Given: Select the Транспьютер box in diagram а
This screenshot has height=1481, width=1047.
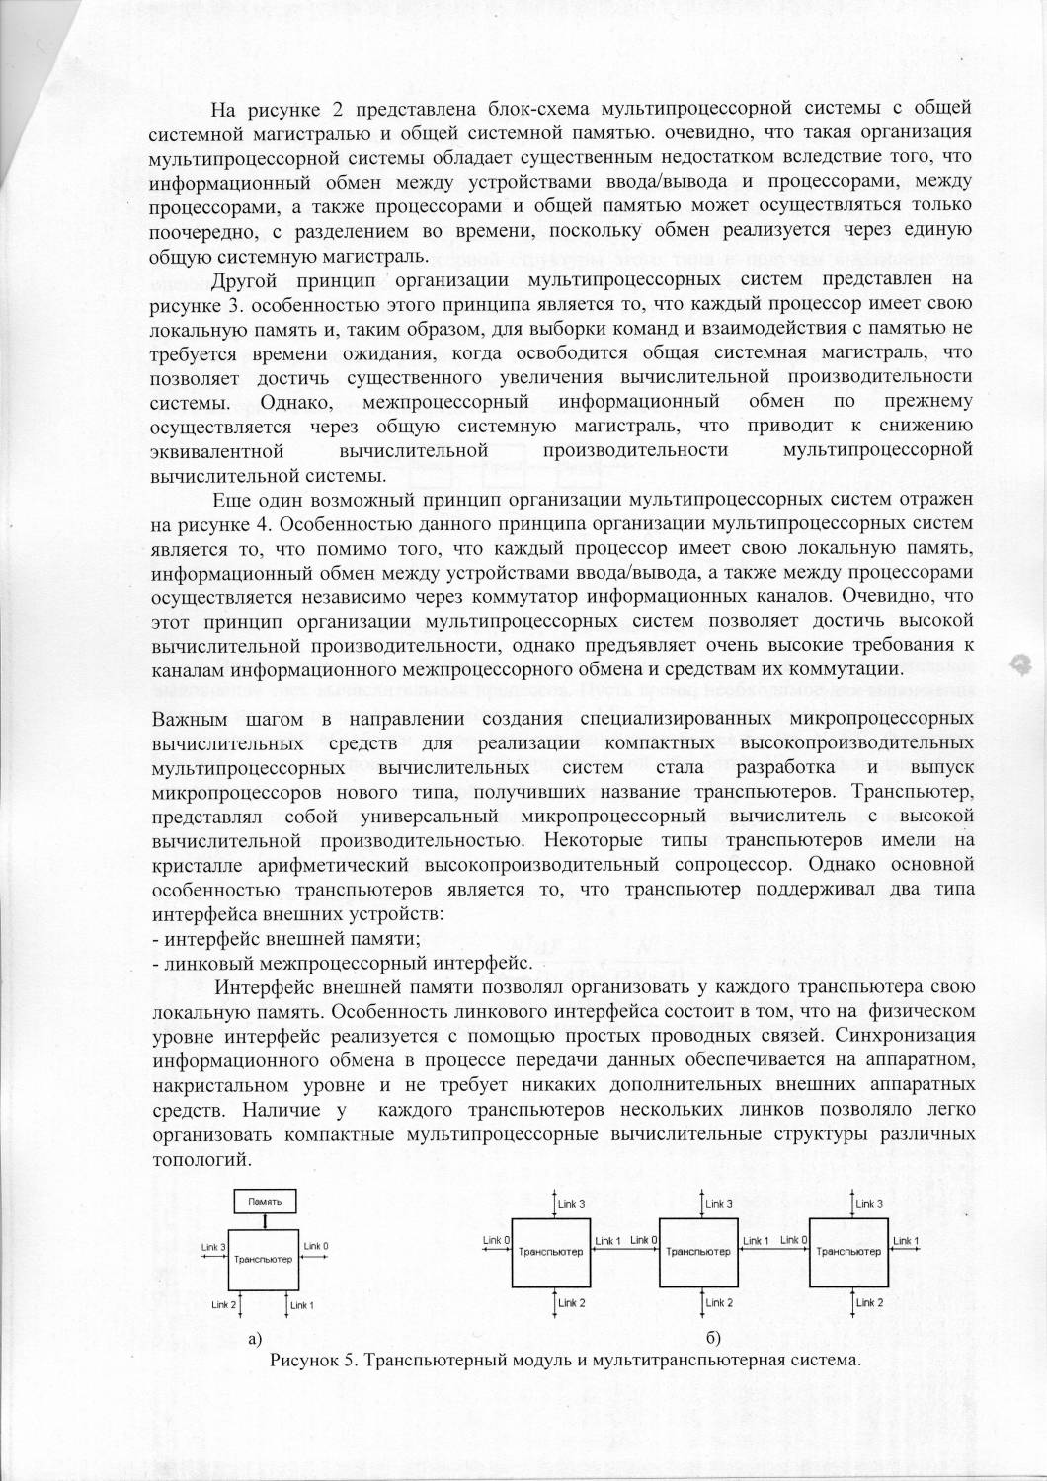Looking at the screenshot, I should tap(264, 1260).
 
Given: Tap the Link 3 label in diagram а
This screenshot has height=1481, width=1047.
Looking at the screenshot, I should tap(214, 1247).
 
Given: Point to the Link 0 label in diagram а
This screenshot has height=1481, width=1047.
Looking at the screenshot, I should tap(316, 1246).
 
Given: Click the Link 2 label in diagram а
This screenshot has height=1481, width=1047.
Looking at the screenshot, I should tap(223, 1304).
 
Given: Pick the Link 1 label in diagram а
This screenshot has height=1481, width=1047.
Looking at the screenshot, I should tap(302, 1305).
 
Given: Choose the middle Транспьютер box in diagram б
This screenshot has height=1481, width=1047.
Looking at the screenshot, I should tap(697, 1253).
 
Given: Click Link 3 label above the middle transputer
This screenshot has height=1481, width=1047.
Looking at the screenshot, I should tap(719, 1204).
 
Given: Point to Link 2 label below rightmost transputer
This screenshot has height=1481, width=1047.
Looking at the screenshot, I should tap(869, 1303).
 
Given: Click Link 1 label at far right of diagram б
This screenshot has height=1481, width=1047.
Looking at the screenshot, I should tap(906, 1241).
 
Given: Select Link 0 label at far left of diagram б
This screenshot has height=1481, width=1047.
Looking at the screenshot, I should tap(496, 1240).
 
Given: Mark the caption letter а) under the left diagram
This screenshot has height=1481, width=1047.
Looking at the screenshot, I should tap(255, 1339).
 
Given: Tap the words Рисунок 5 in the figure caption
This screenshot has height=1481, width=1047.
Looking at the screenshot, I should tap(310, 1360).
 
